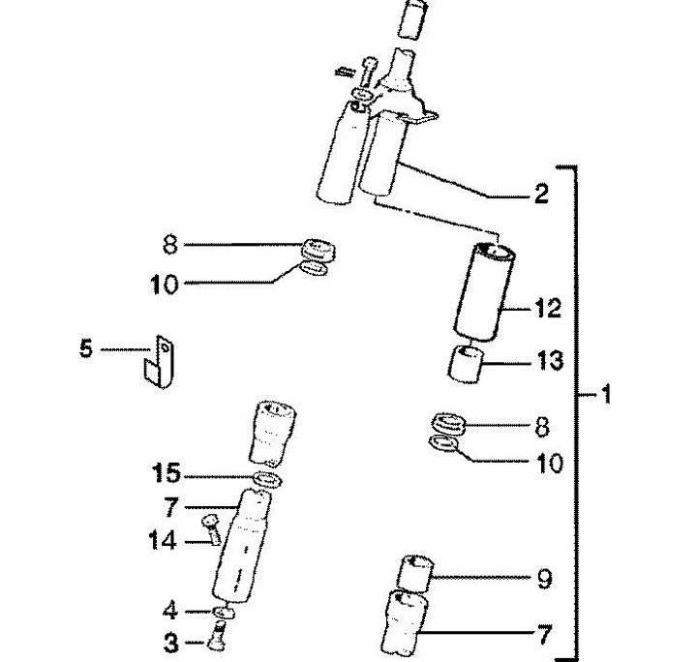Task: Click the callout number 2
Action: tap(541, 194)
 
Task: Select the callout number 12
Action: tap(548, 308)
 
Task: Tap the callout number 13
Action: tap(550, 360)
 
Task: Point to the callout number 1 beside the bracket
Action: tap(605, 394)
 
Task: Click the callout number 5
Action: tap(86, 347)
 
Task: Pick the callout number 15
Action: tap(167, 472)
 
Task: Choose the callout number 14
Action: tap(162, 541)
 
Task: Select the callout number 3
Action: tap(170, 643)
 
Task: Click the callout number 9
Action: tap(544, 579)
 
